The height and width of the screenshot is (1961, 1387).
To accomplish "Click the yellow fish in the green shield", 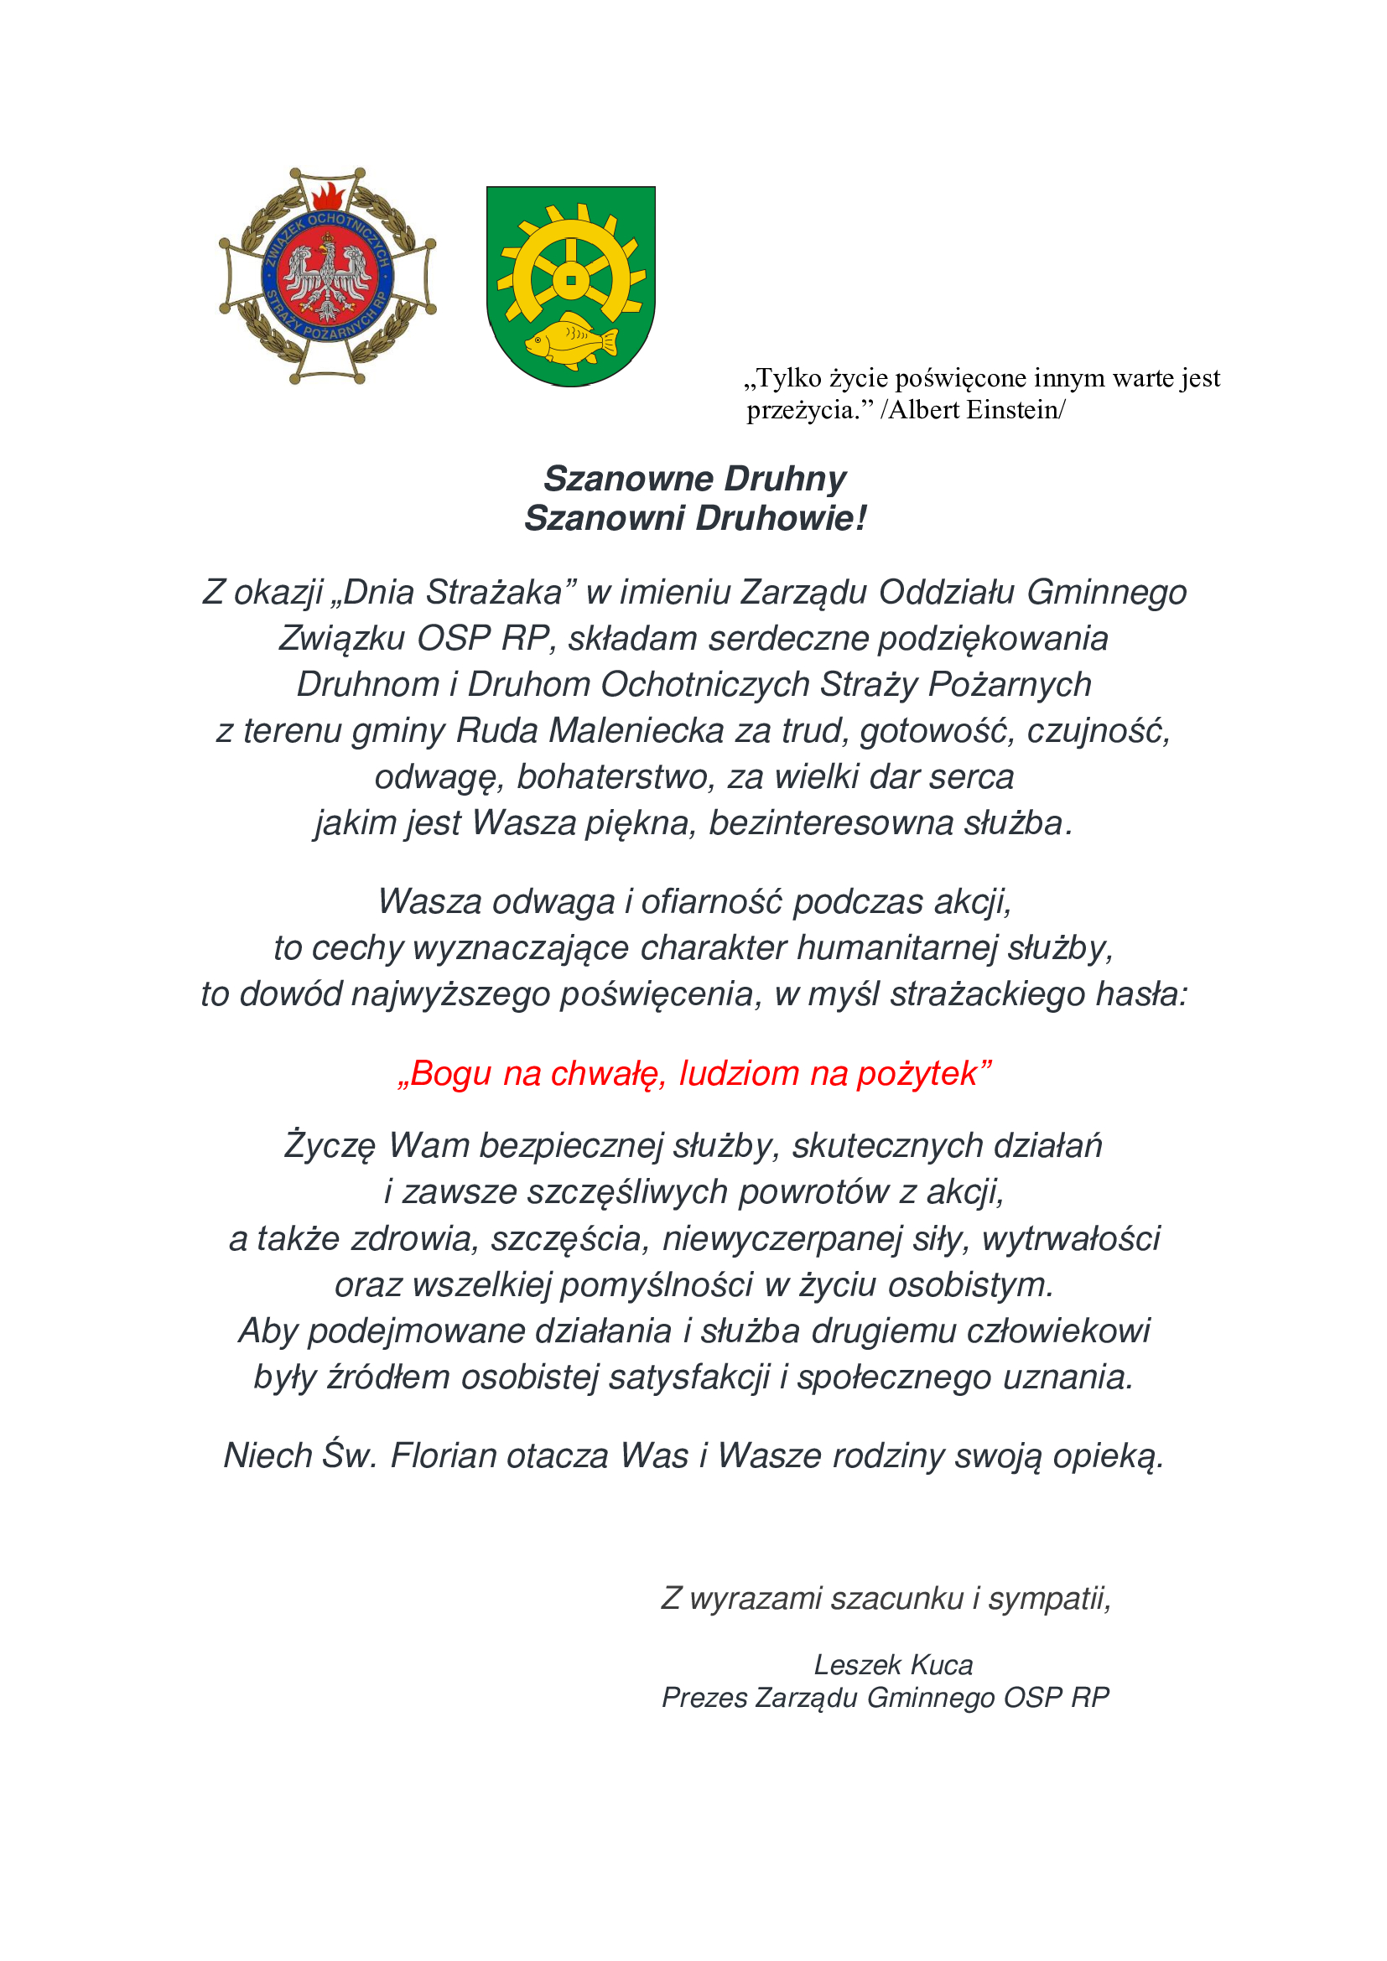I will coord(570,341).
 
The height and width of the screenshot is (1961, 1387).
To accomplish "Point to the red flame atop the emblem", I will coord(327,196).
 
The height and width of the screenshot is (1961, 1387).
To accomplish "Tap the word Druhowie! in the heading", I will coord(781,518).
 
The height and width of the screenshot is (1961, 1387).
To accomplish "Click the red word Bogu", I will coord(449,1074).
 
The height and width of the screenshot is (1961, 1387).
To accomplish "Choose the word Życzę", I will coord(330,1146).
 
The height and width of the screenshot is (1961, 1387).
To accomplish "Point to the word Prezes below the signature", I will coord(704,1697).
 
